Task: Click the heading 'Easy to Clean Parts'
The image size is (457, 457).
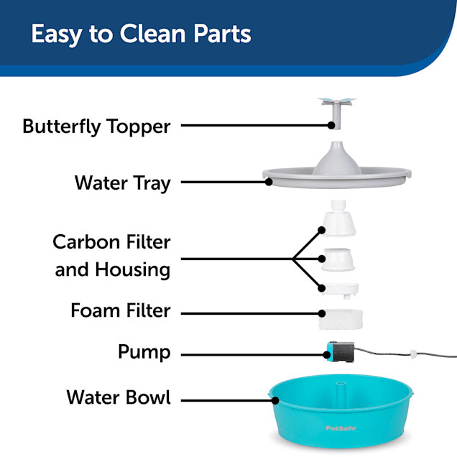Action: (x=141, y=34)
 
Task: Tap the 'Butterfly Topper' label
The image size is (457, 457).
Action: (x=96, y=126)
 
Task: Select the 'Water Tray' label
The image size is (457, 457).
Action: (x=123, y=183)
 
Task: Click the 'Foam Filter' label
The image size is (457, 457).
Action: (x=121, y=311)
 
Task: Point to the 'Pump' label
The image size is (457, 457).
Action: (x=144, y=353)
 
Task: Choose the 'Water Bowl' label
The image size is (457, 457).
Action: (x=119, y=397)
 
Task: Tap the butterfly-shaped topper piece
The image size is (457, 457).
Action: (x=331, y=108)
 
